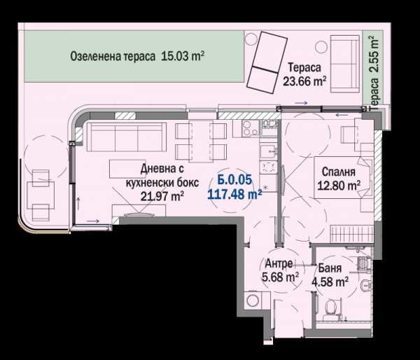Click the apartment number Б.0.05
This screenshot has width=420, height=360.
(x=234, y=179)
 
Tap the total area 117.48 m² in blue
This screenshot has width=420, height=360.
(x=234, y=194)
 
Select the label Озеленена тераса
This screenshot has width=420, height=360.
(x=113, y=57)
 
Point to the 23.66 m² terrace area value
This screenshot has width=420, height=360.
(x=304, y=81)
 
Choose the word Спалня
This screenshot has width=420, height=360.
(x=339, y=172)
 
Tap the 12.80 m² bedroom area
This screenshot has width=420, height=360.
(x=339, y=185)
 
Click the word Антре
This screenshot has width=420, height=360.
(x=279, y=263)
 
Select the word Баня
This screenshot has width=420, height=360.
(x=330, y=268)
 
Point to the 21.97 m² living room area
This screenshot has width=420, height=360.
(x=162, y=197)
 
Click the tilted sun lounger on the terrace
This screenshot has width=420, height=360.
(x=267, y=62)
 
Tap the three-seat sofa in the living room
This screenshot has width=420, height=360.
(x=126, y=137)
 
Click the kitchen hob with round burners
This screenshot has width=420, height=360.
(x=250, y=127)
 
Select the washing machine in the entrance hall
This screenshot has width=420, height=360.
(x=253, y=300)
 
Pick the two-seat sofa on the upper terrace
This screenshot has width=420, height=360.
(x=344, y=64)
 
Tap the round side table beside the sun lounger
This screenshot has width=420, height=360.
(x=251, y=39)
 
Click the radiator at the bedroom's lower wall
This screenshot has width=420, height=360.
(x=351, y=234)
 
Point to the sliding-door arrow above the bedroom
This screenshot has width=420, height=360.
(x=342, y=115)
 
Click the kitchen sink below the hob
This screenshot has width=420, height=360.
(x=268, y=152)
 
